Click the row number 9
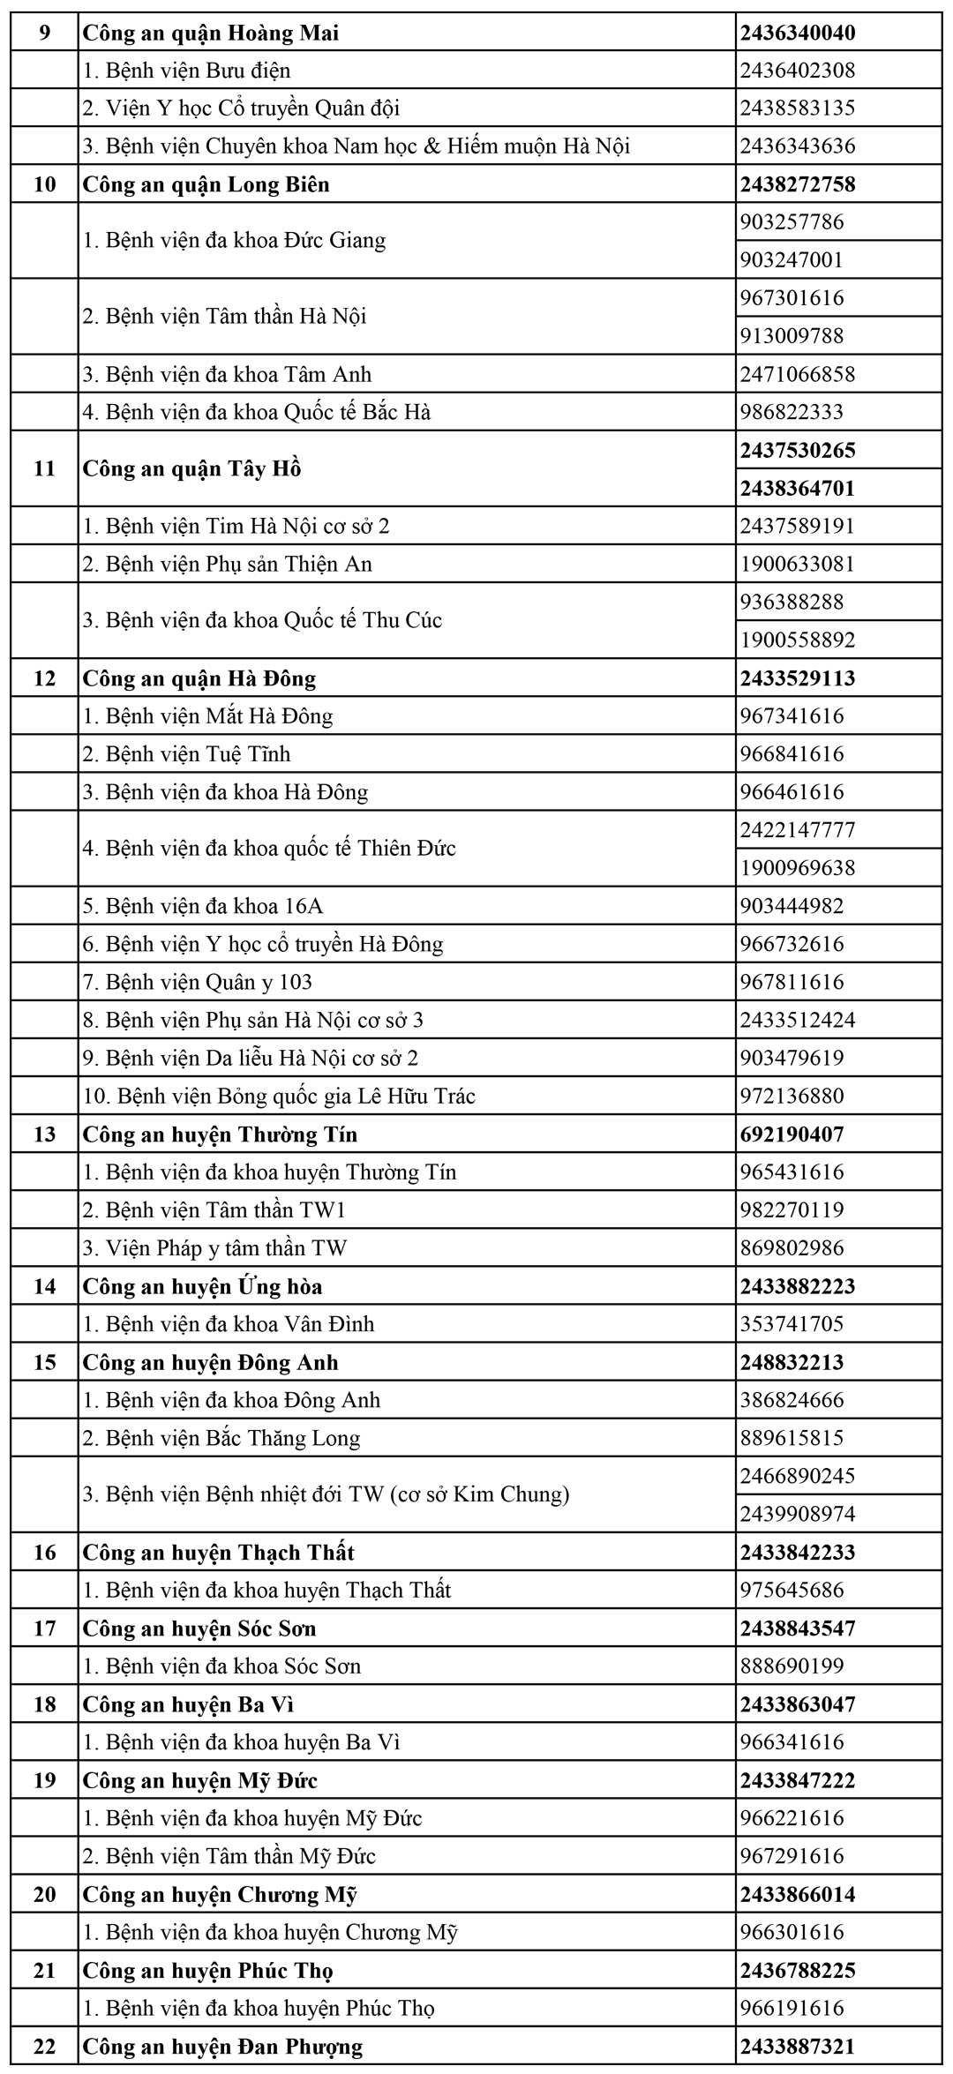point(44,34)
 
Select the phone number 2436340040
point(798,34)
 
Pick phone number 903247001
point(792,260)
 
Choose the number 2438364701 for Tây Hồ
point(798,488)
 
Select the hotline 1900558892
point(798,640)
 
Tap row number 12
point(44,678)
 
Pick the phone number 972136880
point(792,1097)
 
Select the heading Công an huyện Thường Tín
point(220,1134)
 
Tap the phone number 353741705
point(792,1324)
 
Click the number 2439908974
point(798,1515)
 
